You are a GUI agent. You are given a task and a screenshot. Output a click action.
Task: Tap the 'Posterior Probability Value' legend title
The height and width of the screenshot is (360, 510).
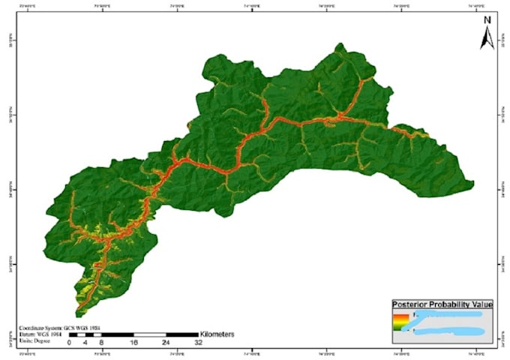coord(442,304)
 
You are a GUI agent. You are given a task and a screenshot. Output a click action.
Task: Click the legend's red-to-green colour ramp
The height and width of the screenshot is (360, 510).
coord(398,323)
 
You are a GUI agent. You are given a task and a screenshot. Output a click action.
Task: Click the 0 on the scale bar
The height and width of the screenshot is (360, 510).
coord(69,342)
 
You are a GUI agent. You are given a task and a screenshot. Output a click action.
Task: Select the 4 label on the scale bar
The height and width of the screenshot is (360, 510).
coord(85,342)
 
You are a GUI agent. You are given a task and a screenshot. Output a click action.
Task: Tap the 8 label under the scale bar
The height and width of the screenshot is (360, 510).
coord(101,342)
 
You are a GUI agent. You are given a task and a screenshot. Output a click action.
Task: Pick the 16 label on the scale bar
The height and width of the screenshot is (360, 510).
coord(133,342)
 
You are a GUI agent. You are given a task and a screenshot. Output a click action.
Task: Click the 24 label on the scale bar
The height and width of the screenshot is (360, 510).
coord(166,342)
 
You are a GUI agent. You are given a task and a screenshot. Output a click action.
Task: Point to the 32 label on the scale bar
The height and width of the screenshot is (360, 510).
coord(198,342)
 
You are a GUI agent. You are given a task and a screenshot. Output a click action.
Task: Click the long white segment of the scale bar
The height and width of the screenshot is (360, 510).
coord(150,333)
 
